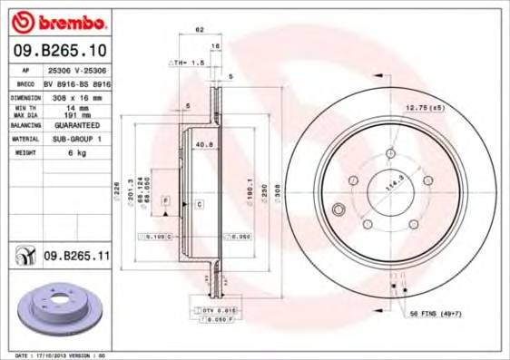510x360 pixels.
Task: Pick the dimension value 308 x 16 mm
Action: click(71, 95)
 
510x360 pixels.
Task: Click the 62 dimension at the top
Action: click(199, 30)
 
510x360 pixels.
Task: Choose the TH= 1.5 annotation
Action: click(181, 63)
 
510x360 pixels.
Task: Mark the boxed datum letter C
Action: click(198, 205)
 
